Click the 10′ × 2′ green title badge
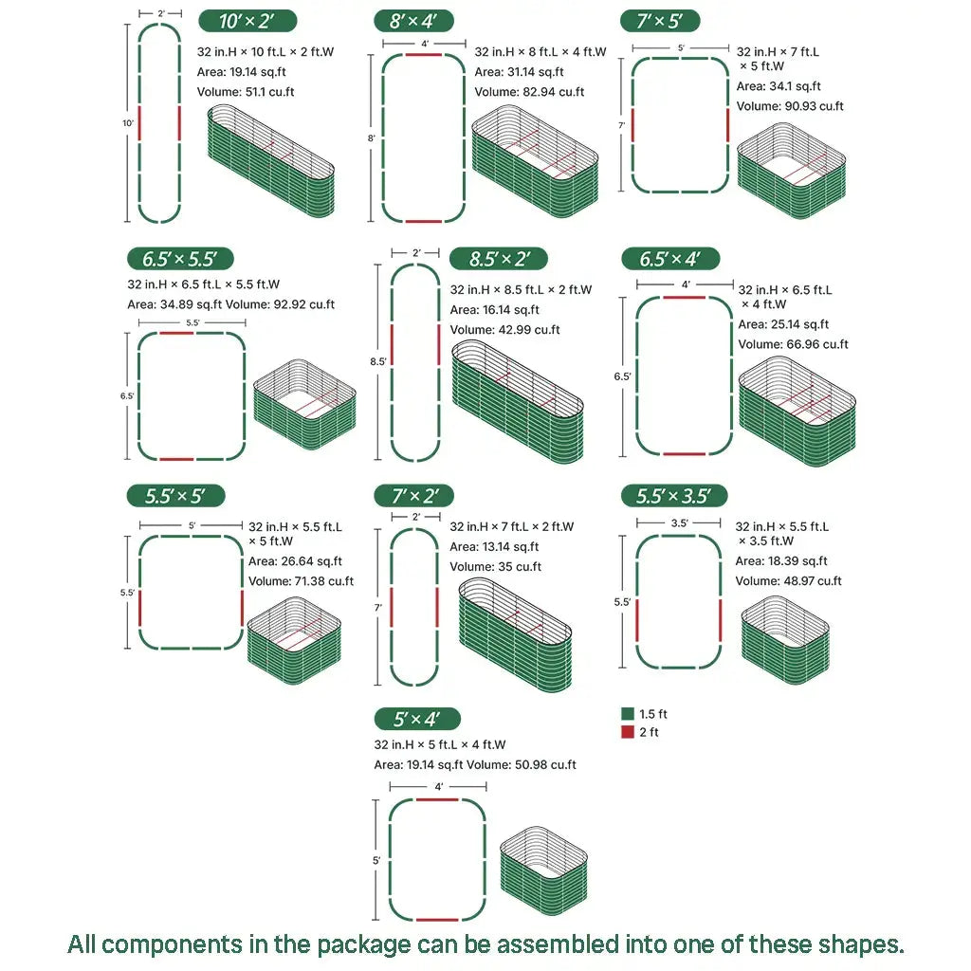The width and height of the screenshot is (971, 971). pyautogui.click(x=247, y=21)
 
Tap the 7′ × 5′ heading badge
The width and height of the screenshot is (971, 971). pyautogui.click(x=660, y=21)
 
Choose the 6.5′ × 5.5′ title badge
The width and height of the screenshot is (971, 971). pyautogui.click(x=180, y=259)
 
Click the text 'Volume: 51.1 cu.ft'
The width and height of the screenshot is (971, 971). pyautogui.click(x=246, y=92)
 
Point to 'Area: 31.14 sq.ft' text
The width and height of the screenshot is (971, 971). pyautogui.click(x=519, y=72)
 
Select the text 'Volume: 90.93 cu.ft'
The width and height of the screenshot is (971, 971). pyautogui.click(x=790, y=106)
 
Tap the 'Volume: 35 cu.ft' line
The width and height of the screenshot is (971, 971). pyautogui.click(x=495, y=567)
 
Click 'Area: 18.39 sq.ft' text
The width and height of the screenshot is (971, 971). pyautogui.click(x=781, y=561)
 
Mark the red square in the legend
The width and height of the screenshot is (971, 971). pyautogui.click(x=627, y=732)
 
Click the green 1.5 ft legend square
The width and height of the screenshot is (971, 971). pyautogui.click(x=627, y=714)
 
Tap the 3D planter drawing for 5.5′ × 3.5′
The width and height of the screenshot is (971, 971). pyautogui.click(x=785, y=640)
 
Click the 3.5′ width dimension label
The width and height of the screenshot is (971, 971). pyautogui.click(x=679, y=522)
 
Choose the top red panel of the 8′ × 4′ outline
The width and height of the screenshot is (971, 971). pyautogui.click(x=424, y=56)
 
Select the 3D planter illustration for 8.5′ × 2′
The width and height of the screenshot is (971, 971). pyautogui.click(x=517, y=402)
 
